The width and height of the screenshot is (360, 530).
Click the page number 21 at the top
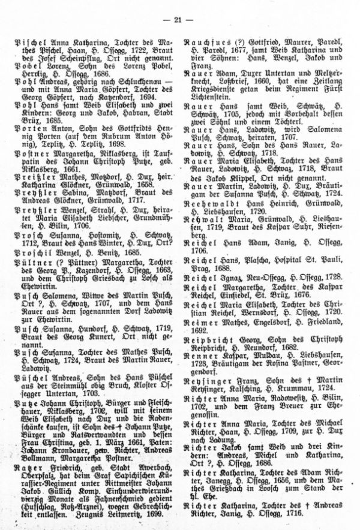point(179,22)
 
